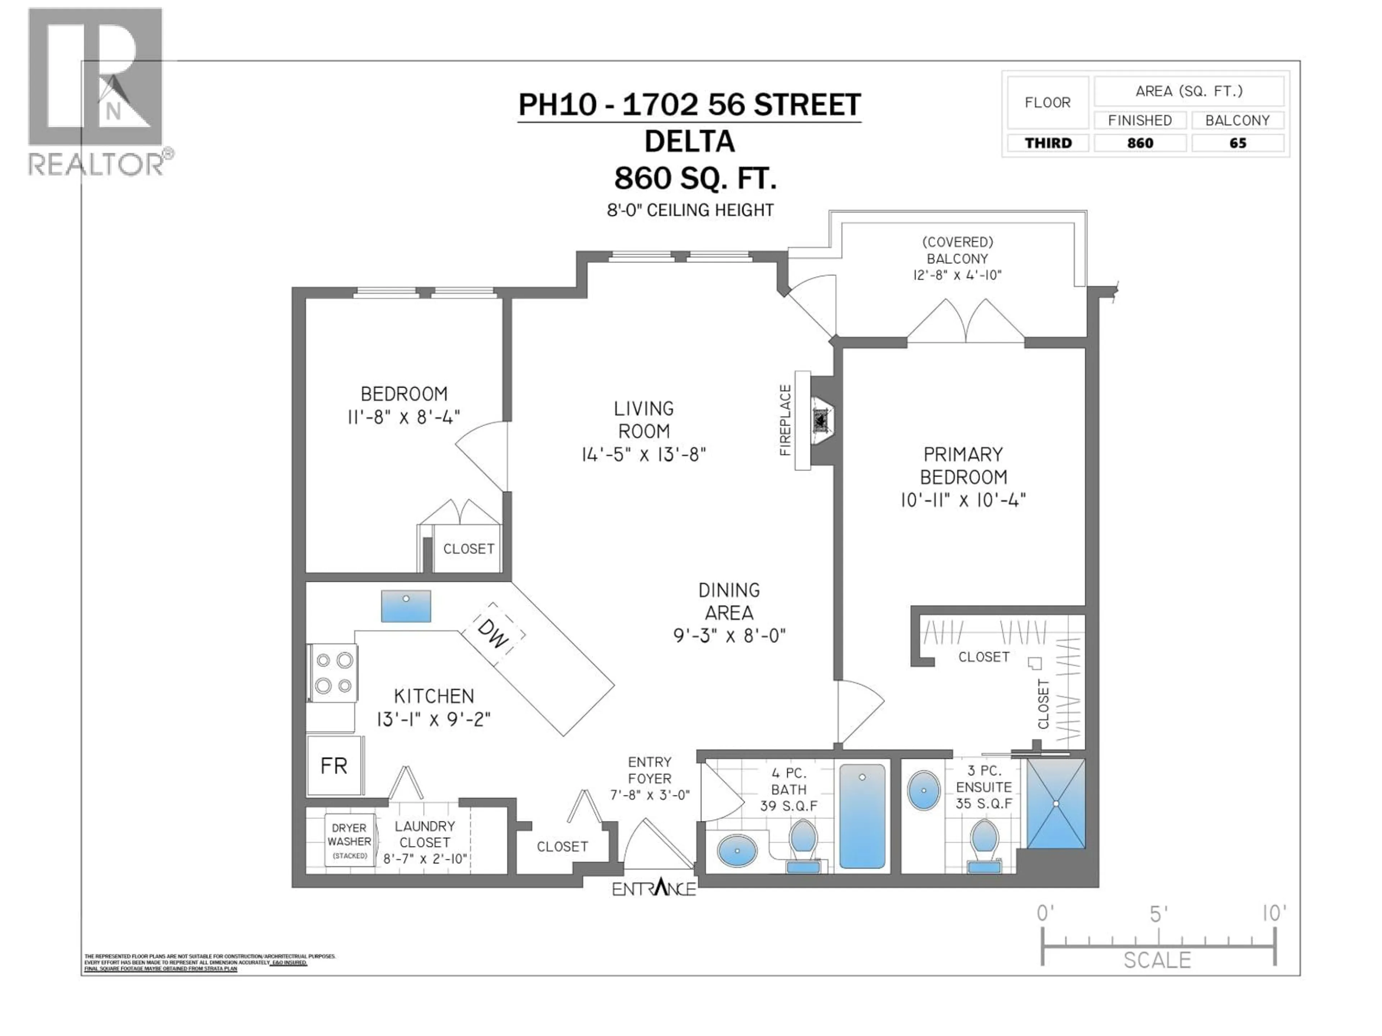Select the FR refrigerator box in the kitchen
click(334, 765)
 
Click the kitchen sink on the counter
click(406, 606)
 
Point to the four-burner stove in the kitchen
click(333, 673)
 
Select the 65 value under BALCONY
click(1238, 143)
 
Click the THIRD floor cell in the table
click(1048, 143)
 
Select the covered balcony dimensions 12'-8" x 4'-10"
click(957, 275)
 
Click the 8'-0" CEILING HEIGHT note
click(690, 210)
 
